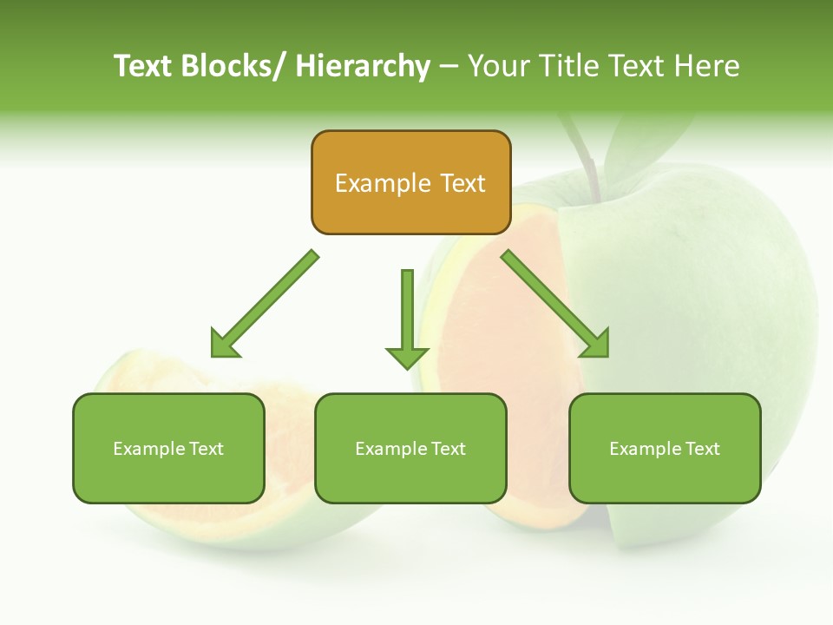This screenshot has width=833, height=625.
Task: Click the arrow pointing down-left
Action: tap(264, 305)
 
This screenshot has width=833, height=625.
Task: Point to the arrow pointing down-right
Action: tap(555, 305)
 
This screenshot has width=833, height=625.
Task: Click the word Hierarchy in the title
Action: tap(362, 66)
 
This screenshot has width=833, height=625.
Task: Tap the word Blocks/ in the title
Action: tap(236, 66)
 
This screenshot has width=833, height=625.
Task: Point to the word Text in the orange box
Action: tap(462, 183)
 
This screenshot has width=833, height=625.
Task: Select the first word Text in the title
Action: tap(144, 66)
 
